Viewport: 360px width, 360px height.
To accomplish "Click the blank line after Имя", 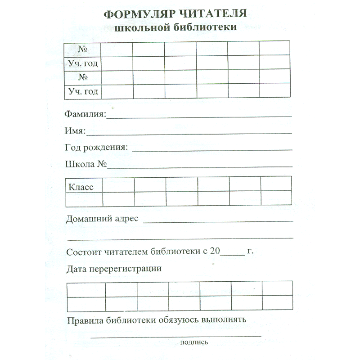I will click(x=189, y=133).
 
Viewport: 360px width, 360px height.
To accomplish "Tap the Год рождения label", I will click(x=96, y=148).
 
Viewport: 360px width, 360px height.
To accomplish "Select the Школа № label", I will click(x=85, y=164).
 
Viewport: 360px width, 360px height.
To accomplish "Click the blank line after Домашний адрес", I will click(x=218, y=221).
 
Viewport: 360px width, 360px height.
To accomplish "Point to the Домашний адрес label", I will click(x=103, y=219).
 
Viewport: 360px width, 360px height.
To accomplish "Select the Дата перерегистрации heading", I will click(x=114, y=269).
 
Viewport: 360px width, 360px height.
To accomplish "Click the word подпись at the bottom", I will click(x=193, y=342).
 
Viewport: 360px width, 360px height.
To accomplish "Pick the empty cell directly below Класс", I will click(x=84, y=198).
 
